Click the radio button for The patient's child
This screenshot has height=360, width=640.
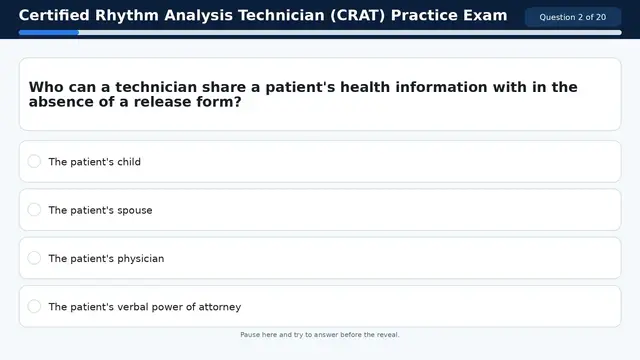click(34, 161)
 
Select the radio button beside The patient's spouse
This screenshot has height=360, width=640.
click(34, 210)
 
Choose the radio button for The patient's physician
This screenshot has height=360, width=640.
click(34, 258)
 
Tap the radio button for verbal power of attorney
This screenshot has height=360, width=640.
click(34, 306)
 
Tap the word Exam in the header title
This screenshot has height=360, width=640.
click(484, 16)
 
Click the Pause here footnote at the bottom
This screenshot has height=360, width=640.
click(320, 335)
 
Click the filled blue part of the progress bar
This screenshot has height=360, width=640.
click(48, 32)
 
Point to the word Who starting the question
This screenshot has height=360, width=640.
click(45, 87)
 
